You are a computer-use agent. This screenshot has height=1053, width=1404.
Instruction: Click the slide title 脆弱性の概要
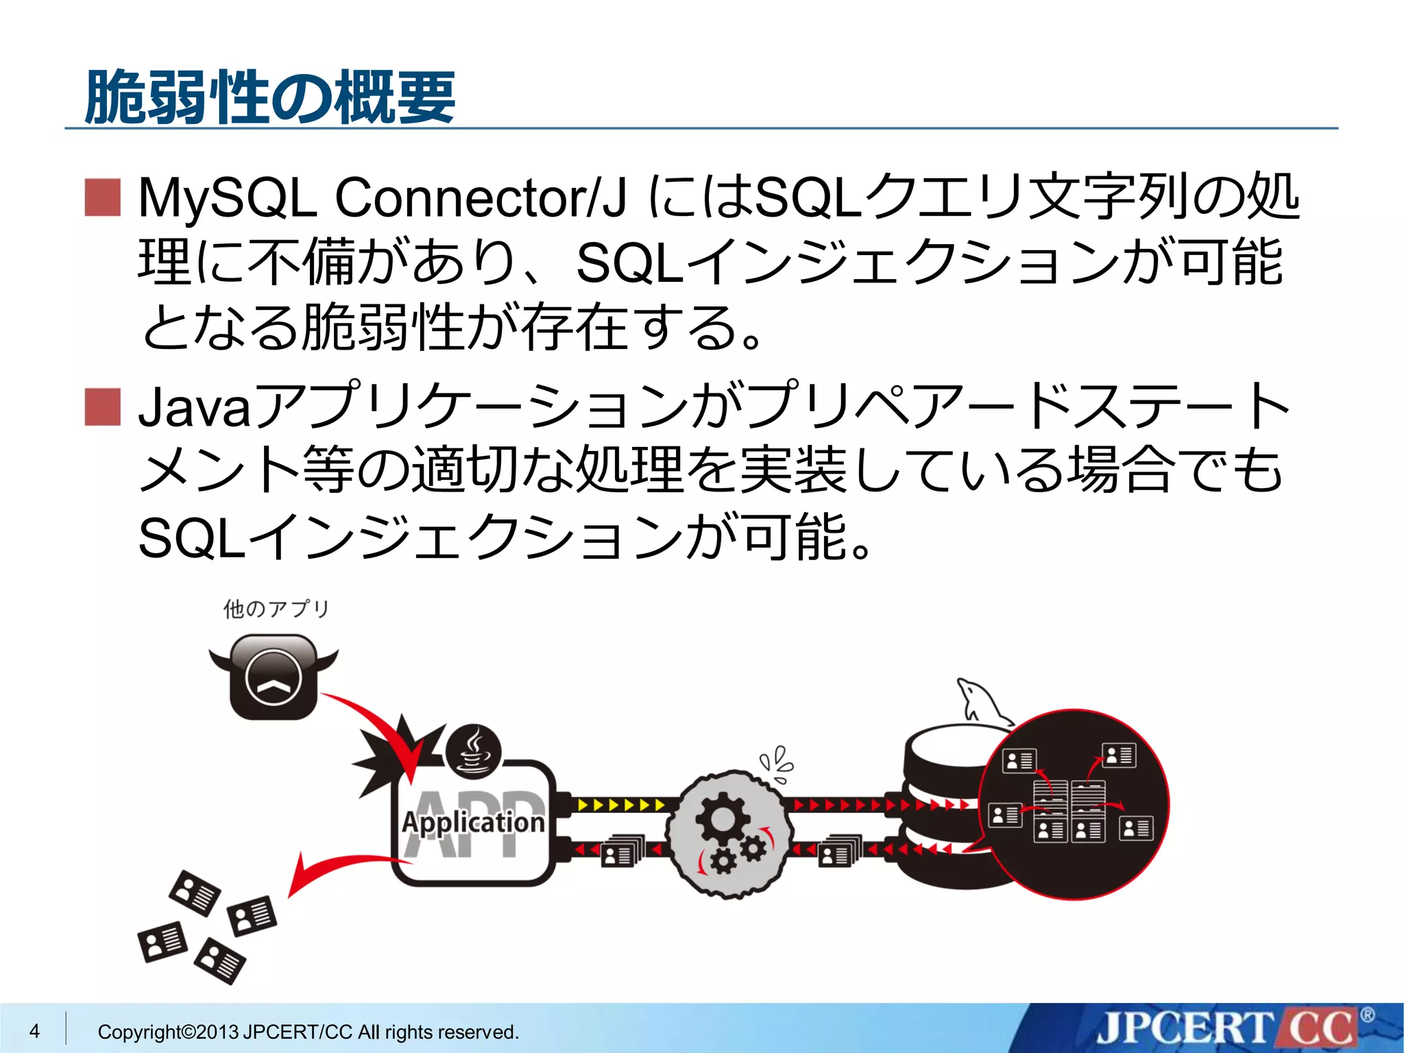pyautogui.click(x=270, y=97)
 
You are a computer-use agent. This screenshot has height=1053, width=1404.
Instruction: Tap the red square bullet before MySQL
pyautogui.click(x=103, y=197)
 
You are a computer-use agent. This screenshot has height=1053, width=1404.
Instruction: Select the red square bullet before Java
pyautogui.click(x=103, y=407)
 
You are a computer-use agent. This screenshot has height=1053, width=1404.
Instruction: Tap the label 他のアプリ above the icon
pyautogui.click(x=276, y=609)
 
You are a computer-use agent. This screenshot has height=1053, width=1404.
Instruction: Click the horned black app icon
pyautogui.click(x=273, y=675)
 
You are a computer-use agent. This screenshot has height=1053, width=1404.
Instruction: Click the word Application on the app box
pyautogui.click(x=473, y=822)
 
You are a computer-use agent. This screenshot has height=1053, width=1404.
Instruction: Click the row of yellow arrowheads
pyautogui.click(x=620, y=804)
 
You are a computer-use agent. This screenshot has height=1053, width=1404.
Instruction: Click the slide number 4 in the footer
pyautogui.click(x=35, y=1030)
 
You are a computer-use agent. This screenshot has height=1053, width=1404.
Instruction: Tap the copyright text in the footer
pyautogui.click(x=308, y=1032)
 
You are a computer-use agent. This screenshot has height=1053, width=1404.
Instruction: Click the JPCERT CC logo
pyautogui.click(x=1227, y=1029)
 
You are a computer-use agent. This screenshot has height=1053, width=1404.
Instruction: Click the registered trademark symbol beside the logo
pyautogui.click(x=1367, y=1015)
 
